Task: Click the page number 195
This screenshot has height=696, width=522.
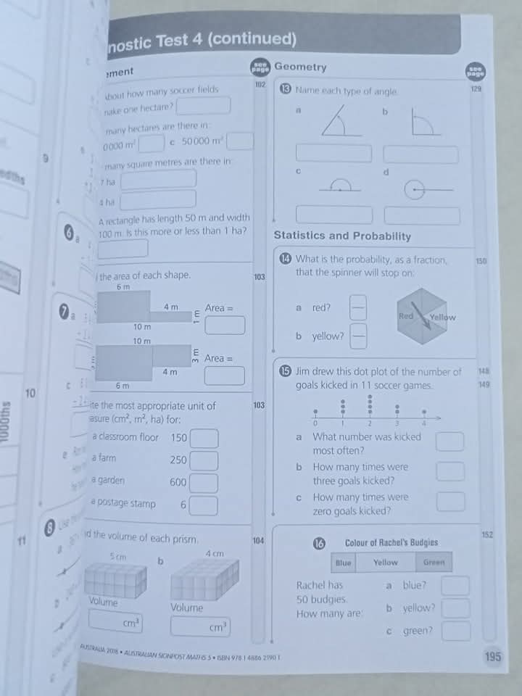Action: pyautogui.click(x=492, y=657)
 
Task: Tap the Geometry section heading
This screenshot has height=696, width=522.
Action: pyautogui.click(x=300, y=67)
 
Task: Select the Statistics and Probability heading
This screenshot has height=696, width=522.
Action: pyautogui.click(x=342, y=236)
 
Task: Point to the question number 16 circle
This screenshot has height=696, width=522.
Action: pyautogui.click(x=319, y=543)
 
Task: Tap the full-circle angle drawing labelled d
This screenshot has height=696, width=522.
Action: pyautogui.click(x=416, y=190)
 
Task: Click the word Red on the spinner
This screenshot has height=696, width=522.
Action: pyautogui.click(x=406, y=317)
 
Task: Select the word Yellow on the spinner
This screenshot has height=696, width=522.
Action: pyautogui.click(x=443, y=317)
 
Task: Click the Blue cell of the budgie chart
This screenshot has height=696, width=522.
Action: pyautogui.click(x=344, y=562)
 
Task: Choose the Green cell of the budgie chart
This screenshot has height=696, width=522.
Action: pyautogui.click(x=434, y=562)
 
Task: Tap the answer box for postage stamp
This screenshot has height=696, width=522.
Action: pyautogui.click(x=204, y=505)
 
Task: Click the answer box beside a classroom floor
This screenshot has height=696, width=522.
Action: pyautogui.click(x=204, y=439)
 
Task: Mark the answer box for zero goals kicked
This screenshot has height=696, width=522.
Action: pyautogui.click(x=451, y=502)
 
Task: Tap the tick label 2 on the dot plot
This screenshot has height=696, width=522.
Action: pyautogui.click(x=370, y=423)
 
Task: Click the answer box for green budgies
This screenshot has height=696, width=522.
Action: pyautogui.click(x=455, y=631)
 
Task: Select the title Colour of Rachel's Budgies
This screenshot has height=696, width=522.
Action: pyautogui.click(x=391, y=542)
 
